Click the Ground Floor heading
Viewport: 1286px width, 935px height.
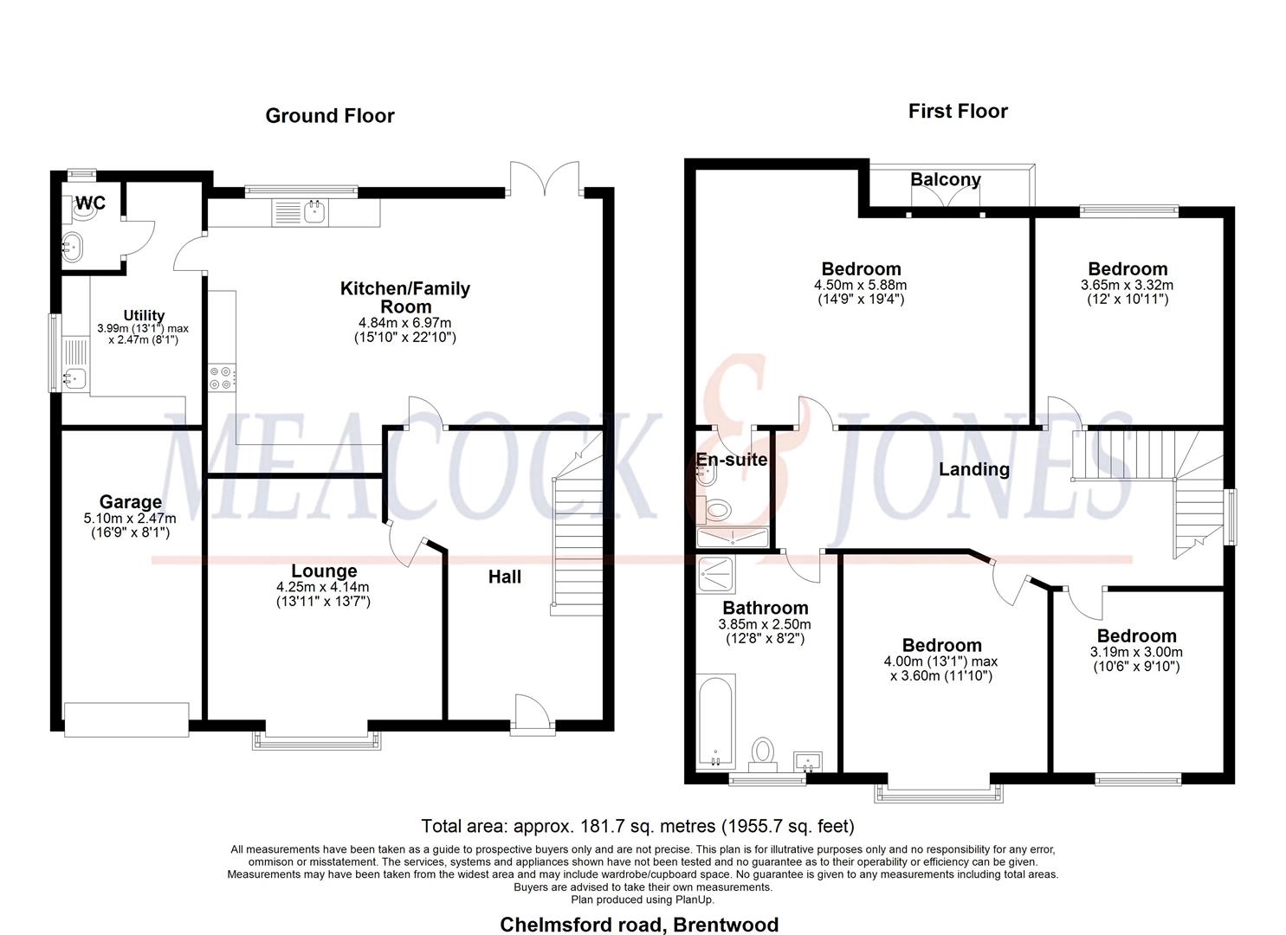pyautogui.click(x=329, y=116)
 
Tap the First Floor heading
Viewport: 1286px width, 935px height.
pyautogui.click(x=957, y=111)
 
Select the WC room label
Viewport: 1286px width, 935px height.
pyautogui.click(x=90, y=203)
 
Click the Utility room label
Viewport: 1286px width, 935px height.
pyautogui.click(x=144, y=316)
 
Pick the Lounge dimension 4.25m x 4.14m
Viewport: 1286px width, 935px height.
pyautogui.click(x=323, y=586)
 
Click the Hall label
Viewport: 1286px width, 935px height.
pyautogui.click(x=504, y=577)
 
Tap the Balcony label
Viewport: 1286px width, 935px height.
pyautogui.click(x=945, y=179)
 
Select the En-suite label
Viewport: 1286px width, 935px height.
pyautogui.click(x=732, y=460)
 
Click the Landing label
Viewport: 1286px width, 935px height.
pyautogui.click(x=974, y=469)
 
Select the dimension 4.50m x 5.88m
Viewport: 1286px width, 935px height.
pyautogui.click(x=860, y=285)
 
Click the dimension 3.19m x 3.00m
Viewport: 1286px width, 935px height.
pyautogui.click(x=1136, y=652)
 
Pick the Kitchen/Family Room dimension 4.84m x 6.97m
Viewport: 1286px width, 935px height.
pyautogui.click(x=404, y=323)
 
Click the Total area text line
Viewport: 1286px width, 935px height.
pyautogui.click(x=637, y=826)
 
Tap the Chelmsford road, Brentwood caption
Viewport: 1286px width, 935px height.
pyautogui.click(x=639, y=925)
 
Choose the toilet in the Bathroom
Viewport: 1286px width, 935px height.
pyautogui.click(x=762, y=752)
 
